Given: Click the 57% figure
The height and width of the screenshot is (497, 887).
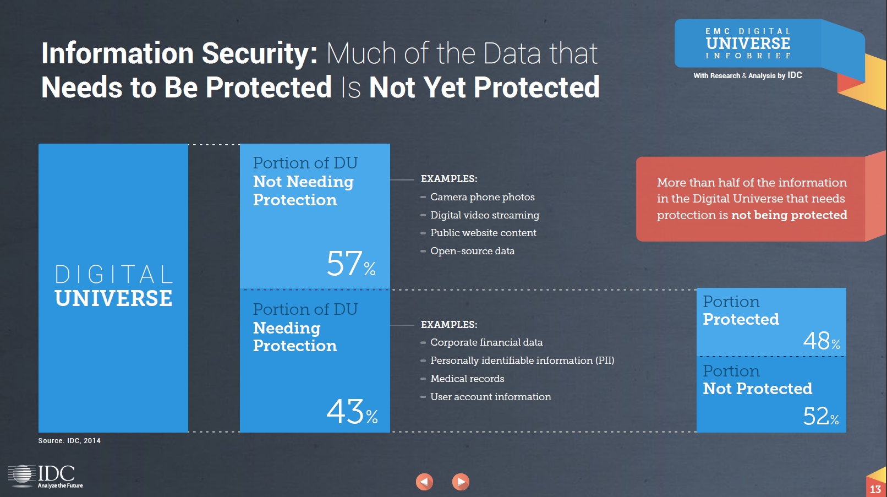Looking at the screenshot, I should click(351, 264).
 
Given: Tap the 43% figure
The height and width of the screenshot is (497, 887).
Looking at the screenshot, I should click(352, 412).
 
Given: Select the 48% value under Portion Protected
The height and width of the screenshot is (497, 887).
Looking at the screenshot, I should click(821, 341).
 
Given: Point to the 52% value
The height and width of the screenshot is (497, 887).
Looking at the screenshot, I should click(820, 416).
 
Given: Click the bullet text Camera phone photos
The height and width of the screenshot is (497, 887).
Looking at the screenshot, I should click(482, 197).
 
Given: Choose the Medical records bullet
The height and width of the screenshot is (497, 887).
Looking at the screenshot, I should click(467, 379).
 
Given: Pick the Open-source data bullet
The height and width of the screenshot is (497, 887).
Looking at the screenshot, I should click(472, 251).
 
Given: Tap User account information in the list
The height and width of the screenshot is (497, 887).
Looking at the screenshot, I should click(490, 397).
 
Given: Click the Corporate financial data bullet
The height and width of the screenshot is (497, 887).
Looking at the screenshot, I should click(486, 342).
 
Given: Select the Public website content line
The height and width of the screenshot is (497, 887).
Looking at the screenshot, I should click(483, 233).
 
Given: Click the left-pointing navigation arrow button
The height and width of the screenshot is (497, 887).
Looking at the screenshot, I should click(424, 482).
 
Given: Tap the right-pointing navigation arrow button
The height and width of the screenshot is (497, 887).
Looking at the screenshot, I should click(461, 482).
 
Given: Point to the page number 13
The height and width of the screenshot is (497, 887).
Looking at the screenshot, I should click(875, 489).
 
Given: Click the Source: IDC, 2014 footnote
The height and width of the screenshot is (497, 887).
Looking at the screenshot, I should click(69, 441).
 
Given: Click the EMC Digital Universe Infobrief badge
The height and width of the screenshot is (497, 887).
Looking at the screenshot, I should click(748, 44).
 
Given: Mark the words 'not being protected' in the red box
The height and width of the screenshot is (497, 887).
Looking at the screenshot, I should click(789, 215).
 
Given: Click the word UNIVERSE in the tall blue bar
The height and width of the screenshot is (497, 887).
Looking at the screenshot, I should click(113, 298).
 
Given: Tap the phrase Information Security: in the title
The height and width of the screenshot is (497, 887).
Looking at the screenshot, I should click(179, 53).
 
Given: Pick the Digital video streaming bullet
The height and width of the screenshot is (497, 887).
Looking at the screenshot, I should click(484, 215).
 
